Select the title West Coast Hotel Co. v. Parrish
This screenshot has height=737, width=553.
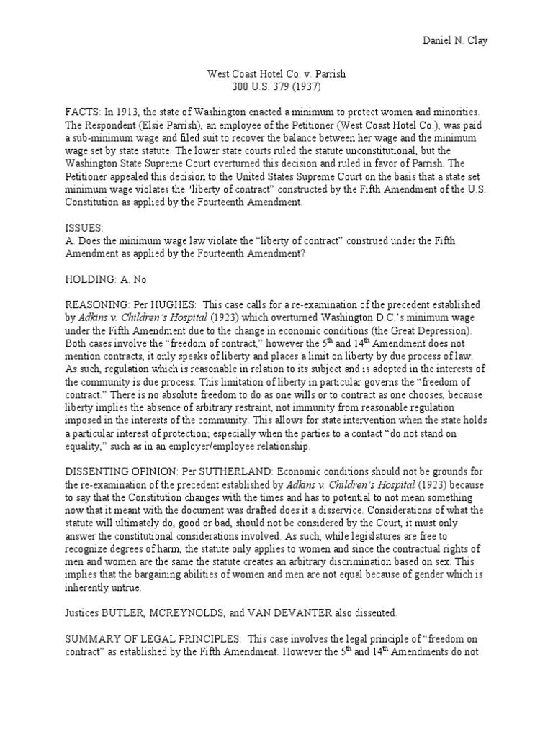click(x=276, y=74)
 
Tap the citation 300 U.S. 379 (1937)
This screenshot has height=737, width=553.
click(x=276, y=87)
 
